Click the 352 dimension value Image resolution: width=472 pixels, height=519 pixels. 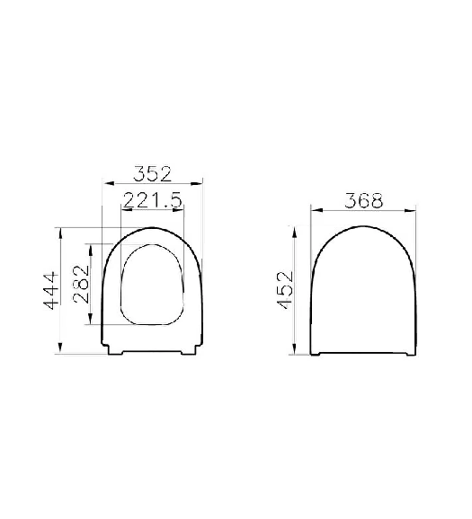coord(153,174)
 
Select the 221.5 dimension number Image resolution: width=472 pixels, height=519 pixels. coord(153,200)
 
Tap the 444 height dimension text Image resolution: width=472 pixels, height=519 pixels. coord(51,291)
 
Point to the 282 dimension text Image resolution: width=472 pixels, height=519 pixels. coord(82,285)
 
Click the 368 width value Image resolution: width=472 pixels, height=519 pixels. coord(363,201)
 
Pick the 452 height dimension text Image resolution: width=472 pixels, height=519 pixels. coord(286,290)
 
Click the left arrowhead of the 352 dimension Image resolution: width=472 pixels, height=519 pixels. coord(109,183)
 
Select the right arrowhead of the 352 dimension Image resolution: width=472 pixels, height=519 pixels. coord(197,183)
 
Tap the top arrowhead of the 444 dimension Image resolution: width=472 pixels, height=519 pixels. coord(60,233)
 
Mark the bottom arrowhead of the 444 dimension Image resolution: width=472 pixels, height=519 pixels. coord(60,348)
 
